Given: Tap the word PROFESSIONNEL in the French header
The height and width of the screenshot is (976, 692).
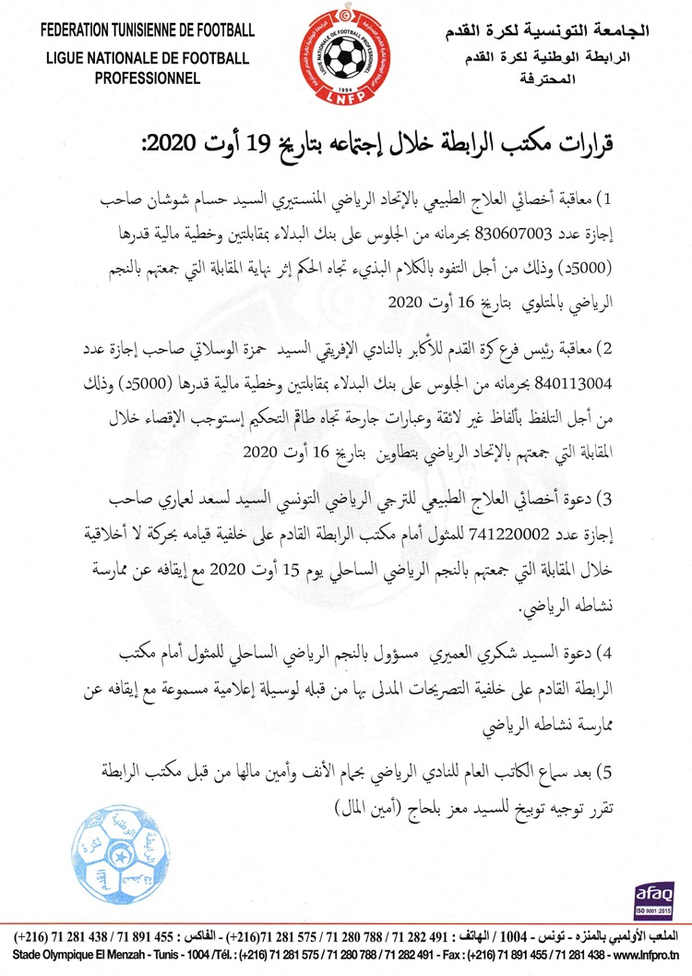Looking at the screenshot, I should [147, 78].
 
